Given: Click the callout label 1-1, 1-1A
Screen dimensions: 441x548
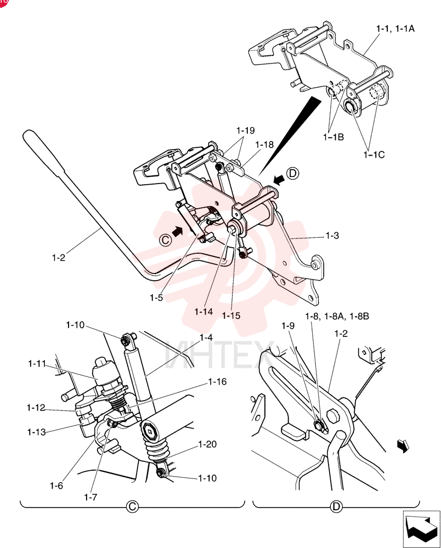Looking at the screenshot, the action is [x=395, y=28].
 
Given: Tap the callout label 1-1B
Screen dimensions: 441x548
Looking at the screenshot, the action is [x=333, y=137].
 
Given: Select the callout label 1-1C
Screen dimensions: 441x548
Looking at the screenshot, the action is [x=374, y=155].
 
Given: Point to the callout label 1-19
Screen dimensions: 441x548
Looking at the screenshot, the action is [x=246, y=130].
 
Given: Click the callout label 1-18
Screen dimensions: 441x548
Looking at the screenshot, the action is [x=264, y=144].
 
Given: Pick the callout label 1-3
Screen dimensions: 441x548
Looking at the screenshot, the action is [x=332, y=236].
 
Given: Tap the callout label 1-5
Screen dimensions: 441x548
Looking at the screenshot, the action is [x=156, y=298].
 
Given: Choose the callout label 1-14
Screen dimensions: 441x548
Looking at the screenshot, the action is [x=203, y=311].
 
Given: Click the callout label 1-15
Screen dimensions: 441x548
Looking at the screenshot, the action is [x=231, y=316].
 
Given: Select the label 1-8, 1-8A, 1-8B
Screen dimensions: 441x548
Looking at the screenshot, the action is [x=337, y=316].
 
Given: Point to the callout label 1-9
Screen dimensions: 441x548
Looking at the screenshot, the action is [x=288, y=326].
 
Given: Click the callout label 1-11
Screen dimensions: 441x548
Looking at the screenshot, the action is [x=37, y=364].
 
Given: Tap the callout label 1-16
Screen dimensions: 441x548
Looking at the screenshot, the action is [x=218, y=381].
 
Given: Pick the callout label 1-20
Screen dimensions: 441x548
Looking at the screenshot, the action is [x=207, y=444].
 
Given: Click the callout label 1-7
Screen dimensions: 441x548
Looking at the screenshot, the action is [x=91, y=496].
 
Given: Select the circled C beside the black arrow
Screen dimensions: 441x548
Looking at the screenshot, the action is [x=165, y=239].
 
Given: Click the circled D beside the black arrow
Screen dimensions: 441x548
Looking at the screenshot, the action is [x=293, y=173].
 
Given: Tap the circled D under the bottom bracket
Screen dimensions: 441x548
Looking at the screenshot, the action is [x=336, y=506].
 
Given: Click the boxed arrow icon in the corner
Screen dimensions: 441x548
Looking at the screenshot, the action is [x=421, y=529].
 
